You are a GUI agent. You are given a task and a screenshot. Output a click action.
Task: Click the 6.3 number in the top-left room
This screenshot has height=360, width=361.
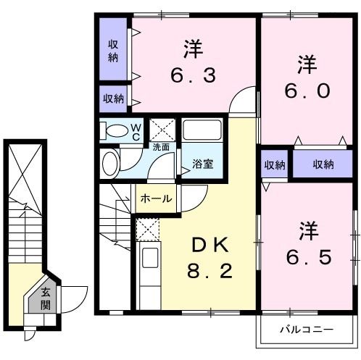pos(193,75)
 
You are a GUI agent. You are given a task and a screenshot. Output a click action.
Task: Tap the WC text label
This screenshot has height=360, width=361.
pos(136,133)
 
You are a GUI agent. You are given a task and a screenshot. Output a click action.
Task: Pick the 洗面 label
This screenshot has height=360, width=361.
pos(161,147)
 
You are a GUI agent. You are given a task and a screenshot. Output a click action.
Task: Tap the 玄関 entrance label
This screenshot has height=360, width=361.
pos(45,298)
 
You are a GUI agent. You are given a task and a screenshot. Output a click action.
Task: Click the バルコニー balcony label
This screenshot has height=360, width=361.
pos(307,330)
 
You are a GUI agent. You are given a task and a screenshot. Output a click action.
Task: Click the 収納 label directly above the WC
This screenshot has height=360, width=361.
pos(113,99)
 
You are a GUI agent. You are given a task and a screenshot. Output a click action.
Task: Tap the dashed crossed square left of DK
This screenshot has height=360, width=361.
pos(146,231)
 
